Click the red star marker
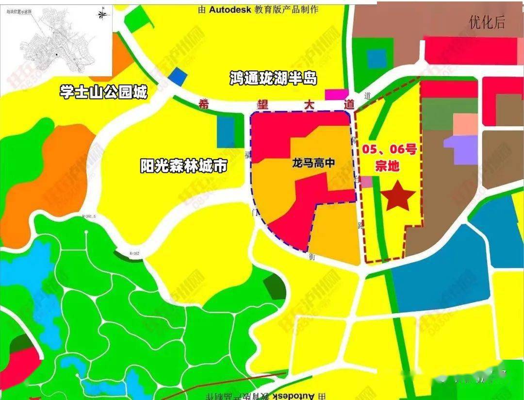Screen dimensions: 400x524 click(398, 195)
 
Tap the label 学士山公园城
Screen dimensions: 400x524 click(103, 91)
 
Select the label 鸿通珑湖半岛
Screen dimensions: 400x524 click(273, 78)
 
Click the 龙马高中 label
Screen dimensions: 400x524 click(313, 163)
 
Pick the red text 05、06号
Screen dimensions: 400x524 click(389, 149)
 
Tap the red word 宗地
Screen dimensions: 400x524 click(387, 166)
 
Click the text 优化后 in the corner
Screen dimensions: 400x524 click(487, 22)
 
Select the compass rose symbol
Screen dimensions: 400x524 click(102, 14)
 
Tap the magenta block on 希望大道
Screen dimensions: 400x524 click(336, 95)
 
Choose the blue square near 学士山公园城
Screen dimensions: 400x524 click(178, 76)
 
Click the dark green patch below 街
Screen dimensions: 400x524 click(275, 286)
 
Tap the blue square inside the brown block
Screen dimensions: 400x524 click(377, 58)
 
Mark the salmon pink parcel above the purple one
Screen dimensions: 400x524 click(465, 124)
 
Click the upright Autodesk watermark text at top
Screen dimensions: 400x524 click(258, 9)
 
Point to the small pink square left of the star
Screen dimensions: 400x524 click(367, 182)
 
